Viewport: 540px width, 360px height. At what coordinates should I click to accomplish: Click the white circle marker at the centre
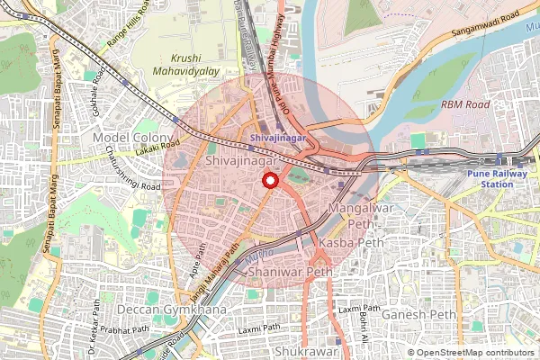click(x=269, y=181)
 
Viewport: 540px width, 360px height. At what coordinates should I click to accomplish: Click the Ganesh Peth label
click(x=418, y=314)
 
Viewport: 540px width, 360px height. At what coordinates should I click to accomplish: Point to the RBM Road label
click(x=465, y=105)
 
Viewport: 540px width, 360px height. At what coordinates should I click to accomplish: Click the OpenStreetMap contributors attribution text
click(x=476, y=353)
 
